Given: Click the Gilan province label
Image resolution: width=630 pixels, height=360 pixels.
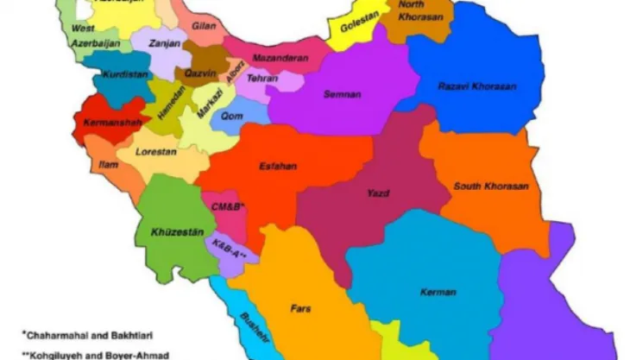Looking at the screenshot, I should [205, 27].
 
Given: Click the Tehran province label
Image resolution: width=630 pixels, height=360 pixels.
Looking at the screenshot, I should [261, 78].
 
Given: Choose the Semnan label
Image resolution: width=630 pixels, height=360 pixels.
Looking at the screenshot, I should [342, 93].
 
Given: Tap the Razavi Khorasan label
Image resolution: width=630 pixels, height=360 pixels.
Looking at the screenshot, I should [476, 86].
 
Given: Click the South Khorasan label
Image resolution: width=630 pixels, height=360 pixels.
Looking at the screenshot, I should [491, 186].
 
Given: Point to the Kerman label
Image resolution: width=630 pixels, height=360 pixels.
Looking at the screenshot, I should [438, 292].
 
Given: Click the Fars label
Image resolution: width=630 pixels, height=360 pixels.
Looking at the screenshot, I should [300, 306].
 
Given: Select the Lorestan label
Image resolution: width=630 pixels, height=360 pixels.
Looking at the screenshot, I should [156, 151].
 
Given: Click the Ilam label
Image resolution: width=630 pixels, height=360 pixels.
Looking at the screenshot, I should [108, 163].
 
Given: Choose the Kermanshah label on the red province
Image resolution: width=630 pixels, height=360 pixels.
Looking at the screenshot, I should [111, 123].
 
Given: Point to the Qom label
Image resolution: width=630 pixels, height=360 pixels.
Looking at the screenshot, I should [231, 115].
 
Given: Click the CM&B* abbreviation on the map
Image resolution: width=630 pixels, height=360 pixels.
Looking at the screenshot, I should [229, 207].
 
